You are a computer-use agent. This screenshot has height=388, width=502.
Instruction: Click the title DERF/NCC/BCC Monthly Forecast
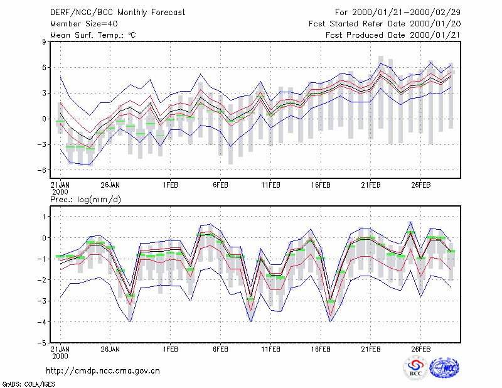117,13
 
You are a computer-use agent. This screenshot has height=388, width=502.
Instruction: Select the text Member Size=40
84,24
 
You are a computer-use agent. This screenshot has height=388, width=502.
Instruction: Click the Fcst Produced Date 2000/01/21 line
393,35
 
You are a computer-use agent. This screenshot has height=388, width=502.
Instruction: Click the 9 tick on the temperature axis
44,41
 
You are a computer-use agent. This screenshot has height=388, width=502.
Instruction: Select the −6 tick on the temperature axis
41,170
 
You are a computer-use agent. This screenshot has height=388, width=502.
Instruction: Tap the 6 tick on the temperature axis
44,68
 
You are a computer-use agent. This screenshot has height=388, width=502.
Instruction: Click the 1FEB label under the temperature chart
170,185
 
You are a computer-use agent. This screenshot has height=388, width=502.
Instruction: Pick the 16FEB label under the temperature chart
321,185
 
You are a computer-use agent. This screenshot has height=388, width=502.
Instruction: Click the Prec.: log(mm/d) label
85,200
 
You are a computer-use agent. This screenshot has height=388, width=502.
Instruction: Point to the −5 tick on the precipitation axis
41,343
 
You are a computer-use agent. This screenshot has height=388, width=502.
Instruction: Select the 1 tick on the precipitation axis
44,217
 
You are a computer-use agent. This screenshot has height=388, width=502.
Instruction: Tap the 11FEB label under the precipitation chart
270,349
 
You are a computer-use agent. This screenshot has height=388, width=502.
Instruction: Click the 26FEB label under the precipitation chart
420,349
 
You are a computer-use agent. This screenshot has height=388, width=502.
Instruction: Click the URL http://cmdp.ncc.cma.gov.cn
103,370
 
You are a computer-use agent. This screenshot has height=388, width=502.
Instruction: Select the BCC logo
415,367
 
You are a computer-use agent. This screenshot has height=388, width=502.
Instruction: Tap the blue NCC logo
444,368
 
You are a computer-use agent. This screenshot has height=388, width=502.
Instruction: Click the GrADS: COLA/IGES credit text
28,384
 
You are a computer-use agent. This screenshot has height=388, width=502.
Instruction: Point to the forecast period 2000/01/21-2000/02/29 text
406,13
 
